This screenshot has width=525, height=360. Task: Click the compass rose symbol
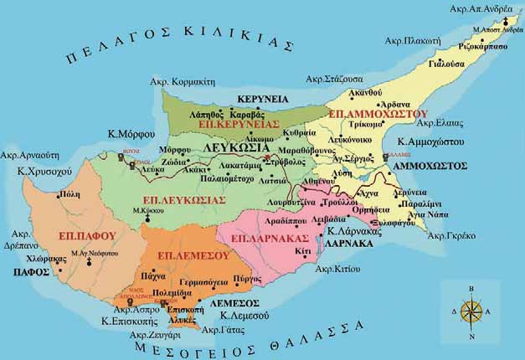point(471,312)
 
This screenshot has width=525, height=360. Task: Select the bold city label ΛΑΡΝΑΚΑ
point(349,242)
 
